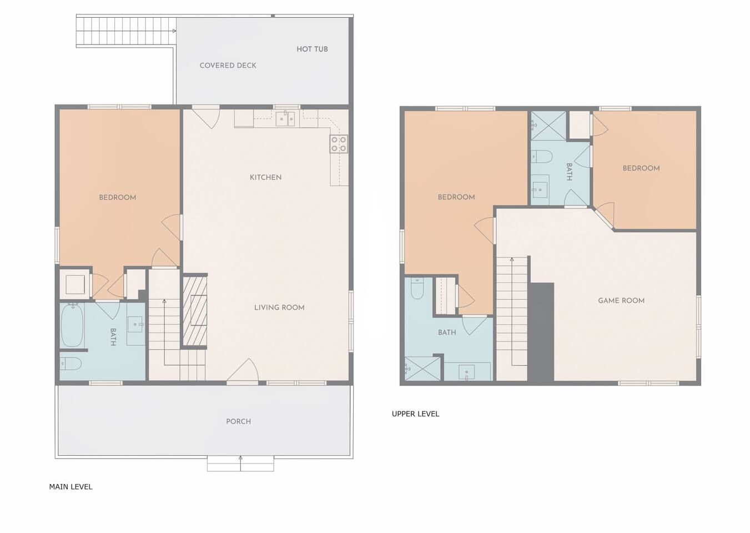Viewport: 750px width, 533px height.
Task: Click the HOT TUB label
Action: pyautogui.click(x=312, y=49)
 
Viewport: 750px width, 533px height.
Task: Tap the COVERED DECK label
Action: pyautogui.click(x=228, y=66)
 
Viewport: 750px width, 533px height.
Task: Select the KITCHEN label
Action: pyautogui.click(x=265, y=178)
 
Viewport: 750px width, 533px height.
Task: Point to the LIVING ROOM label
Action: pyautogui.click(x=279, y=308)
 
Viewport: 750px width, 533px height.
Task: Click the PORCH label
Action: pyautogui.click(x=238, y=421)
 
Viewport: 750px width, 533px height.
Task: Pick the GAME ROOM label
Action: pyautogui.click(x=621, y=301)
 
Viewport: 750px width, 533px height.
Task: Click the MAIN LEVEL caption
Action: pyautogui.click(x=71, y=487)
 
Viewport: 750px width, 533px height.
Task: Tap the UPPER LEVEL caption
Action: pyautogui.click(x=415, y=414)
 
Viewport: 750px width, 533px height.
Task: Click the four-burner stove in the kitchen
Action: pyautogui.click(x=339, y=144)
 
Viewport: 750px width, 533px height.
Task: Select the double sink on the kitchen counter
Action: pyautogui.click(x=285, y=119)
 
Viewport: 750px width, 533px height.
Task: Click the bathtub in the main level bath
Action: pyautogui.click(x=72, y=325)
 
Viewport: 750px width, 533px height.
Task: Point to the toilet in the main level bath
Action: pyautogui.click(x=71, y=364)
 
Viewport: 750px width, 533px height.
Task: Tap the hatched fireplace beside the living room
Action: pyautogui.click(x=194, y=310)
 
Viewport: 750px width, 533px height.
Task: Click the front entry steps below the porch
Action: pyautogui.click(x=240, y=464)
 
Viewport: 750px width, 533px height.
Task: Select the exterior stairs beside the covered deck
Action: pyautogui.click(x=126, y=31)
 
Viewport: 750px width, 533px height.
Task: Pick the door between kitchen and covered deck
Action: pyautogui.click(x=206, y=117)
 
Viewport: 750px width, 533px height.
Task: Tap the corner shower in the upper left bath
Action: pyautogui.click(x=422, y=369)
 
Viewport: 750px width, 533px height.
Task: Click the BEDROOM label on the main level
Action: pyautogui.click(x=118, y=198)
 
